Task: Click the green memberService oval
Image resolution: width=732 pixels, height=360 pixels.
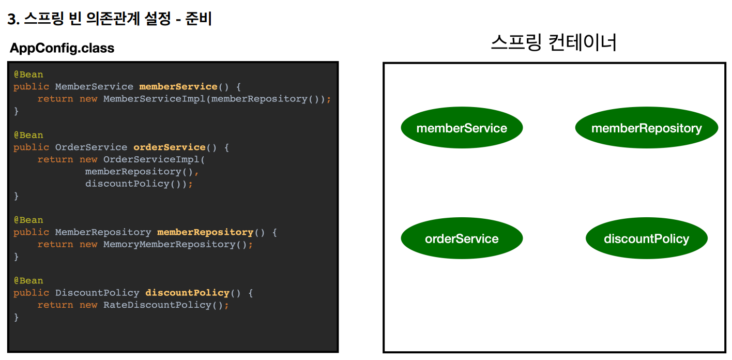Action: pos(462,128)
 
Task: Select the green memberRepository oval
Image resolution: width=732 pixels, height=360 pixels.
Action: pos(646,128)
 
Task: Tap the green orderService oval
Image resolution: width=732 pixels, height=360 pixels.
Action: pos(462,238)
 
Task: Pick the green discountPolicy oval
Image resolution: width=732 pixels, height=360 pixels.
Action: pos(646,238)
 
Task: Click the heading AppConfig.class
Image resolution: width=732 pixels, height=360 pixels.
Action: pos(62,48)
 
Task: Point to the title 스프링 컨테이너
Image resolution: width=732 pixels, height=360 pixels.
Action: pos(554,42)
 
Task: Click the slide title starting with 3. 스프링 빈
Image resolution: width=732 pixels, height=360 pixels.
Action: pos(110,19)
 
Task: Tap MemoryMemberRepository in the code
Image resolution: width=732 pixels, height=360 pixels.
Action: pos(169,244)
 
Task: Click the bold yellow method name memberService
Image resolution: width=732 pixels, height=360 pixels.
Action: pos(178,86)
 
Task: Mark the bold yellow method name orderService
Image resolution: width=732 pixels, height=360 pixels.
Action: pos(169,147)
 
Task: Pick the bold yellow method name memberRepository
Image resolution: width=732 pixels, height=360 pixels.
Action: pos(205,232)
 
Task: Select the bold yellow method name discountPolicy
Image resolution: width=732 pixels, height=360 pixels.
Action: pos(187,293)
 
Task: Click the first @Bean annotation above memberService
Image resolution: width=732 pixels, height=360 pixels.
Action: pos(28,74)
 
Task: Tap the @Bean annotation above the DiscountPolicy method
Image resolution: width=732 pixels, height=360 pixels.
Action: pos(28,280)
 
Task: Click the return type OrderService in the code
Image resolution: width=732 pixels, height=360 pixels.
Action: pos(91,147)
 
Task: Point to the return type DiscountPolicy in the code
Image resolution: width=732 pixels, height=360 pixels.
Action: pos(97,293)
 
